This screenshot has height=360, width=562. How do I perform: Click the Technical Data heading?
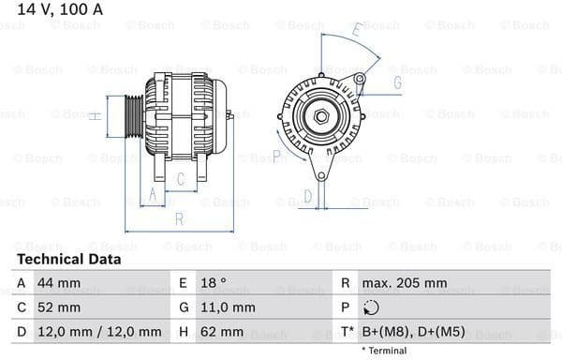(x=68, y=259)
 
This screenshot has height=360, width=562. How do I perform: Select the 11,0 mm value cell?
(x=229, y=307)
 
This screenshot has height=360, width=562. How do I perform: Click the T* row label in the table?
(x=348, y=332)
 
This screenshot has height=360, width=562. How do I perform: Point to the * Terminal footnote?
(x=383, y=351)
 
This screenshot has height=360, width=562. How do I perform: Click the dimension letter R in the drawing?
(x=177, y=218)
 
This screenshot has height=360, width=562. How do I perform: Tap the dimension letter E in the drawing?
(x=356, y=31)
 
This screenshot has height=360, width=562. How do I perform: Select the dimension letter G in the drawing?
(x=397, y=83)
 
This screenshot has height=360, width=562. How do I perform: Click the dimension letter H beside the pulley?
(x=94, y=116)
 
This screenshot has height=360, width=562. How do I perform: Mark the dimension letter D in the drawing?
(x=306, y=196)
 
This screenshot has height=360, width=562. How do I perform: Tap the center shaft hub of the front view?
(x=321, y=115)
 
